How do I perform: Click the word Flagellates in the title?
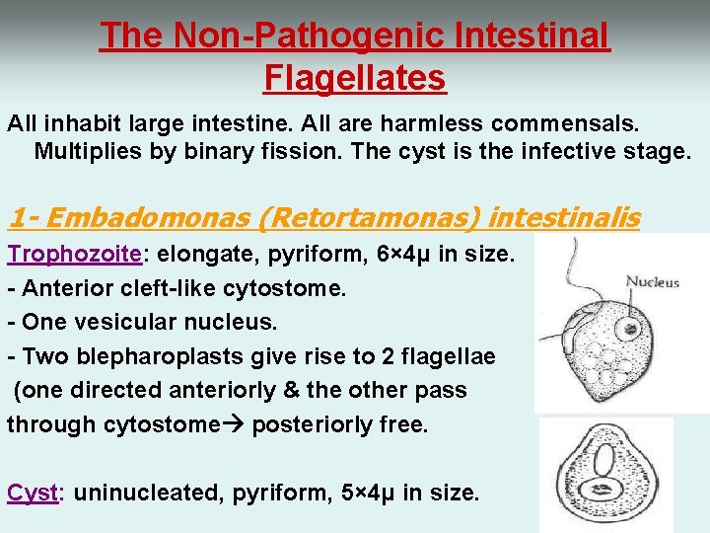pyautogui.click(x=355, y=76)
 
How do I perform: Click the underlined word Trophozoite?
pyautogui.click(x=75, y=254)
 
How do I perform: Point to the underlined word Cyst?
pyautogui.click(x=34, y=492)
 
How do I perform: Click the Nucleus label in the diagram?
pyautogui.click(x=653, y=282)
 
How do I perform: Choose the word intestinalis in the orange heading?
pyautogui.click(x=564, y=217)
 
